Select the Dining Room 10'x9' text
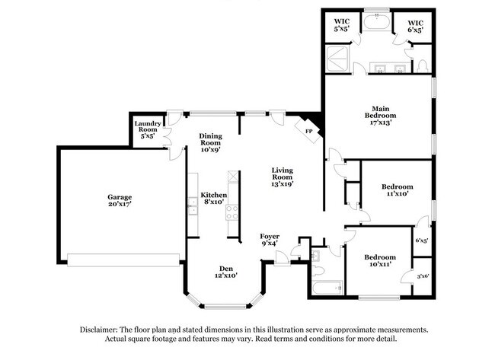pos(211,142)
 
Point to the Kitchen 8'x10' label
pos(213,199)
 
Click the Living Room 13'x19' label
pos(282,177)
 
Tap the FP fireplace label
pos(309,131)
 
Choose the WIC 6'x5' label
pos(416,24)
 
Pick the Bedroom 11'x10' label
pos(398,190)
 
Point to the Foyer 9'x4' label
pos(270,240)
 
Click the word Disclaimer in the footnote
pos(106,330)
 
